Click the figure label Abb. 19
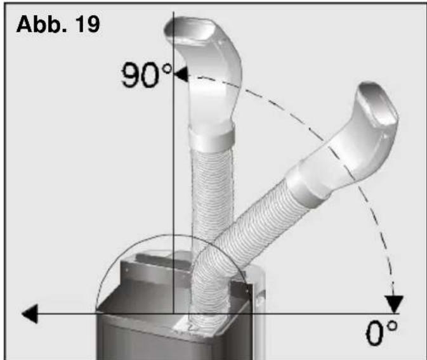tap(58, 24)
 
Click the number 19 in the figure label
tap(88, 24)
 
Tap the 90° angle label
tap(147, 75)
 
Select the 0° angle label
tap(381, 333)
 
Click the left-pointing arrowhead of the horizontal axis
tap(30, 314)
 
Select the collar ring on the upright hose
tap(212, 137)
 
